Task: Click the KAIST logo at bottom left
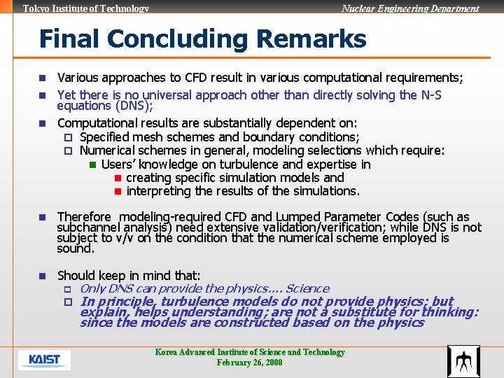44,360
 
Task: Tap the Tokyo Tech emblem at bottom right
463,361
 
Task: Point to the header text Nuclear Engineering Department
410,8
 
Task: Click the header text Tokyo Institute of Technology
86,8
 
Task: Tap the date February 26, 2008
250,363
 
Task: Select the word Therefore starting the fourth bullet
84,217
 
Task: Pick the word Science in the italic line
307,288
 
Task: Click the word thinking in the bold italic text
448,312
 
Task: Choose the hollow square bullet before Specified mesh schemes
69,137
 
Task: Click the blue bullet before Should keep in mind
43,276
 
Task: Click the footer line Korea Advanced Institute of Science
250,352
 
